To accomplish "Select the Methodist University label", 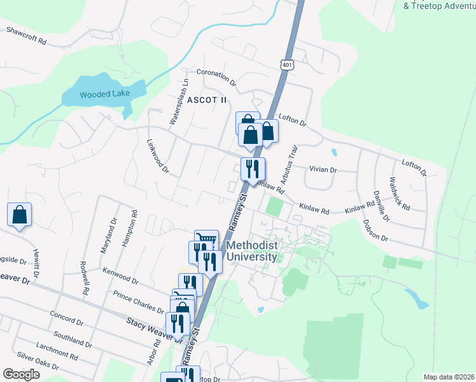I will click(252, 251).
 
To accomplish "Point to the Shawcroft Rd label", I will click(26, 35).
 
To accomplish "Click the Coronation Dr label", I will click(216, 77).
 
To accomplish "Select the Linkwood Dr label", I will click(157, 157).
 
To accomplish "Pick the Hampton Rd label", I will click(127, 227).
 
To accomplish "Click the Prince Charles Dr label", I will click(138, 302).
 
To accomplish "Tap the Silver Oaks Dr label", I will click(38, 362).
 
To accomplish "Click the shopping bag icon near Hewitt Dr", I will click(20, 215).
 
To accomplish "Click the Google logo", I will click(21, 374).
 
